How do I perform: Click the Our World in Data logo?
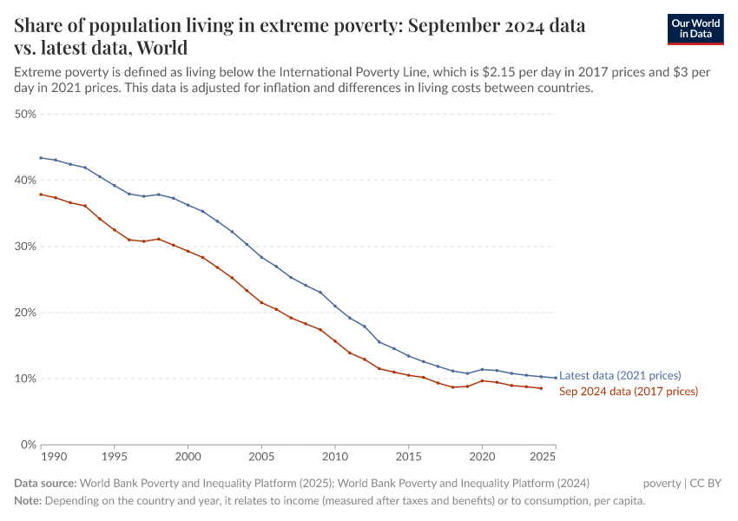click(695, 29)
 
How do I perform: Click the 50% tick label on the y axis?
click(24, 114)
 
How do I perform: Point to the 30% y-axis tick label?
click(24, 247)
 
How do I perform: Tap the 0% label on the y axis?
click(27, 445)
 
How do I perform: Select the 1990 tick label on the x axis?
click(53, 456)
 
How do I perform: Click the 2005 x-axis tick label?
click(261, 456)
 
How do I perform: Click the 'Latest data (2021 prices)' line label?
click(620, 376)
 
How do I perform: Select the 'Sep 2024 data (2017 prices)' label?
click(628, 392)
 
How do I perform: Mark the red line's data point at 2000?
click(188, 251)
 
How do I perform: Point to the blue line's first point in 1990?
click(41, 158)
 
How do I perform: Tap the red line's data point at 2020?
click(483, 380)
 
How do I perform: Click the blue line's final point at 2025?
click(556, 378)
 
